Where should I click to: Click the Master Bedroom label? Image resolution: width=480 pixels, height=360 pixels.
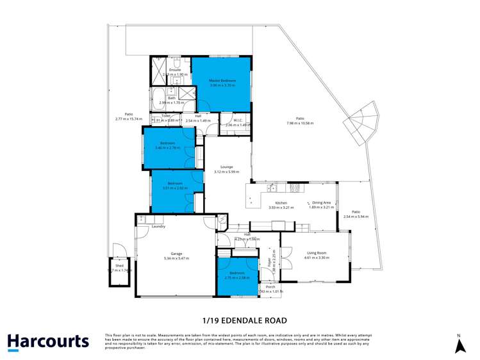pos(222,81)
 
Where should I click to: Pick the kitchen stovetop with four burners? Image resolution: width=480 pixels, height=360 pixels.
pos(295,188)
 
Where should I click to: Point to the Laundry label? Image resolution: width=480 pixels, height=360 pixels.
pos(159,226)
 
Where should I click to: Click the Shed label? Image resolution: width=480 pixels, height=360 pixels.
pos(119,265)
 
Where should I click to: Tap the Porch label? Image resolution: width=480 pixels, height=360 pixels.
pos(270,286)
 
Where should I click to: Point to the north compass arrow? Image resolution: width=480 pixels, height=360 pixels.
pos(459,346)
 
